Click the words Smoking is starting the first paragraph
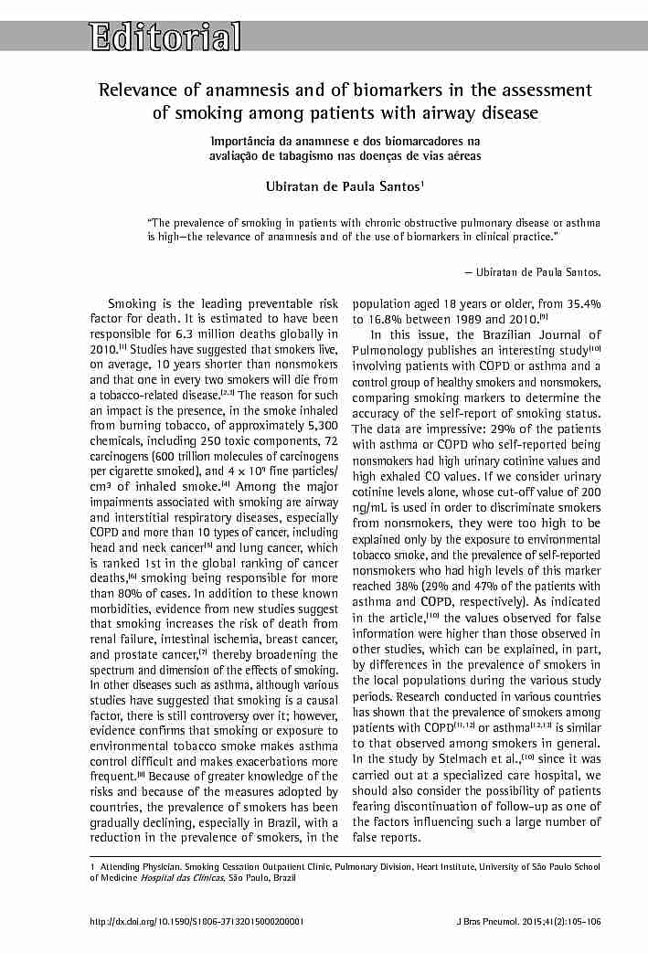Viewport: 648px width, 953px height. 140,303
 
